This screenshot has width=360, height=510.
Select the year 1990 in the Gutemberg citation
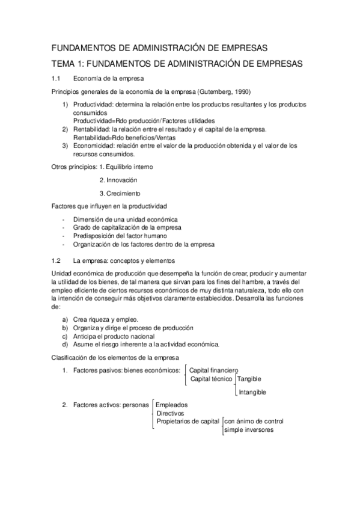(240, 92)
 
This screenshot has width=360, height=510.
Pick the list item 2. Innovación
(118, 180)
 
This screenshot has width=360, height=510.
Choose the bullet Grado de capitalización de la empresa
(128, 227)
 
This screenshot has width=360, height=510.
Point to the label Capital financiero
(214, 370)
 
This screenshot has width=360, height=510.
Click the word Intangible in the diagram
(252, 392)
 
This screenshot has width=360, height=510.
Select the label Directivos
(170, 413)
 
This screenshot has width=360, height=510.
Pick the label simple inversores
(249, 430)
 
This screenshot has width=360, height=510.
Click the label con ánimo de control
(254, 422)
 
